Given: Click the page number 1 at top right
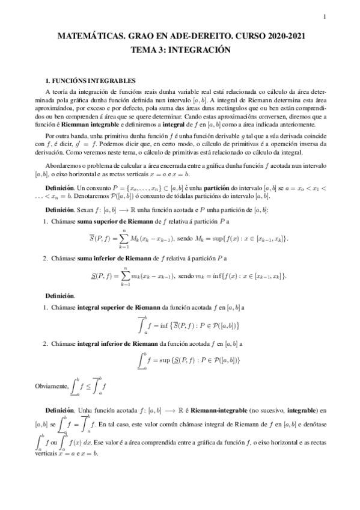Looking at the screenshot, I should (324, 16).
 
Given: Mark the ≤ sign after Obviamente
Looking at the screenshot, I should (88, 385).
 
